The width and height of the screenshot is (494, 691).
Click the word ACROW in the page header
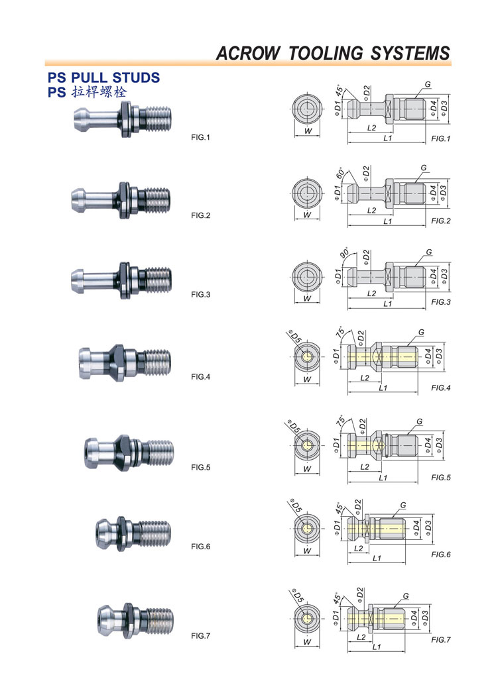pos(248,53)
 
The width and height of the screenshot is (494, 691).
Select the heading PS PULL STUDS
pos(103,78)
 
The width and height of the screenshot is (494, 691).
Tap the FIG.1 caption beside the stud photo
pos(201,138)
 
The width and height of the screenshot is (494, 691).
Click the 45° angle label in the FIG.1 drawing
pos(340,90)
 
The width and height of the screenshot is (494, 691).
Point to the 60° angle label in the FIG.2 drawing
pos(341,174)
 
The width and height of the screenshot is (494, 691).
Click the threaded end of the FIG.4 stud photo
pos(157,362)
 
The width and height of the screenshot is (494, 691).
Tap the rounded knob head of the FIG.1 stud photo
pos(82,118)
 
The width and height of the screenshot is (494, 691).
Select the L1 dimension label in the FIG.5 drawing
pos(383,478)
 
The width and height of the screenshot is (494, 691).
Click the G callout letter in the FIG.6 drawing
pos(403,505)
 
